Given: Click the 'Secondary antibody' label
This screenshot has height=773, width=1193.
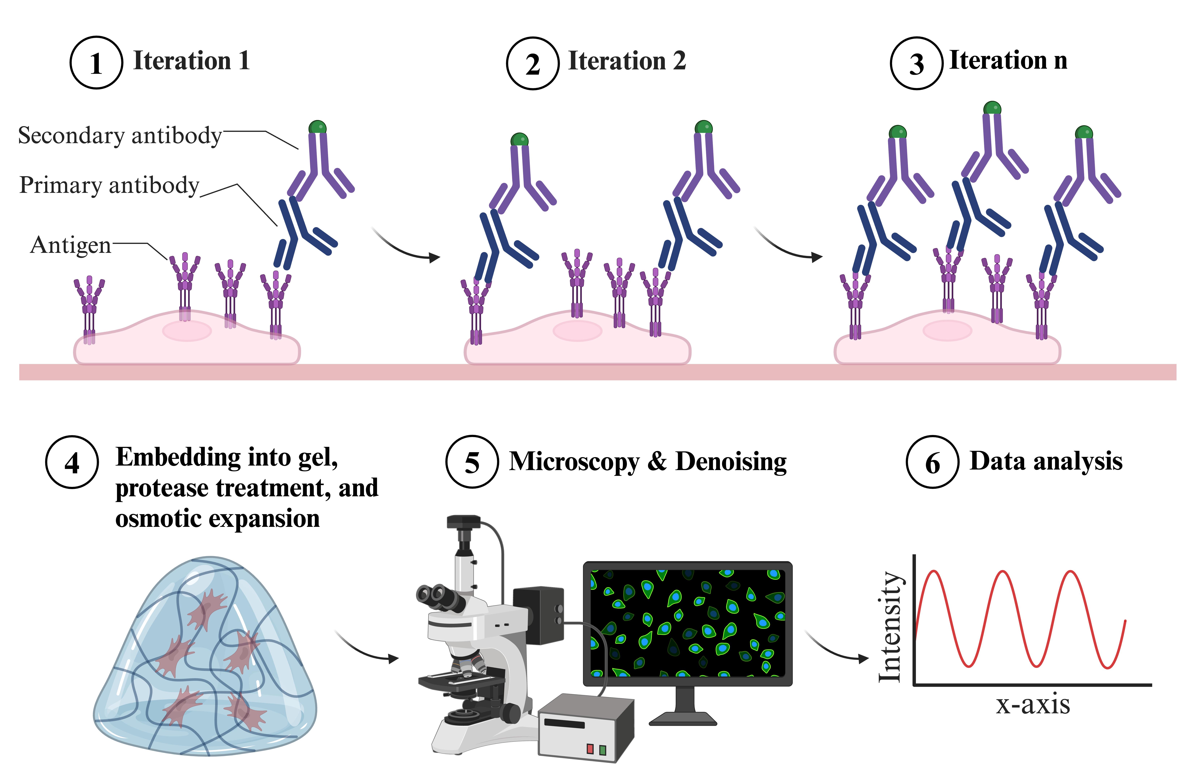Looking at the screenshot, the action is coord(120,135).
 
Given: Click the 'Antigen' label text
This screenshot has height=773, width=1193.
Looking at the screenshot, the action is coord(71,245).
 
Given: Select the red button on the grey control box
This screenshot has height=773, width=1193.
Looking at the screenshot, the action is coord(590,749).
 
